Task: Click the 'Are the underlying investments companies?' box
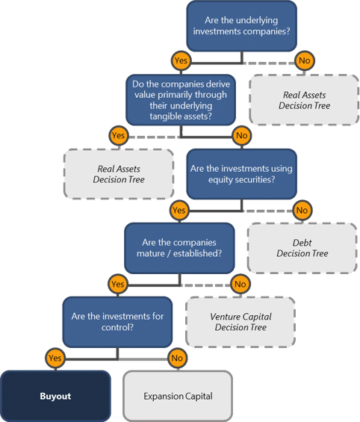point(241,25)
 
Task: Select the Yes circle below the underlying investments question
point(180,60)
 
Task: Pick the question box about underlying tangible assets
point(179,99)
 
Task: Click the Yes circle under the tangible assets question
point(117,135)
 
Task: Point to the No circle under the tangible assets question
point(241,135)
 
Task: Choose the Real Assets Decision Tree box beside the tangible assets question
point(304,100)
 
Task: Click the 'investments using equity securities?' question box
point(241,174)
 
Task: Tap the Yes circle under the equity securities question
point(179,210)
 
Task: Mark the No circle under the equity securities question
point(302,210)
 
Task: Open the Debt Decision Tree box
point(302,248)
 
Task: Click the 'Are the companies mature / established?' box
point(179,248)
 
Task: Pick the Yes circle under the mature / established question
point(117,284)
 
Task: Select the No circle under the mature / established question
point(240,284)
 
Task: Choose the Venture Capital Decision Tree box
point(240,322)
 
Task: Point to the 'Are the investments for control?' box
point(117,322)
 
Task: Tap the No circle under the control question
point(177,358)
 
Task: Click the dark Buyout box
point(55,396)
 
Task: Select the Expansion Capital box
point(177,396)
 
